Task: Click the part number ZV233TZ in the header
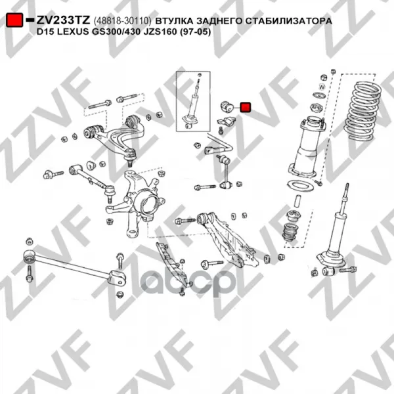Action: click(63, 20)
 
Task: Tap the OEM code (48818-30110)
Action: click(122, 21)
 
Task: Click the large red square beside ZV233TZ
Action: click(15, 20)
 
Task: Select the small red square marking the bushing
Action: click(245, 107)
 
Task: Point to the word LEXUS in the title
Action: click(72, 32)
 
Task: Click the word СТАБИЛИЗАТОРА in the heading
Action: click(289, 21)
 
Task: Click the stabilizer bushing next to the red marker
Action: click(227, 106)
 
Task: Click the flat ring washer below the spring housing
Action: click(300, 188)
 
